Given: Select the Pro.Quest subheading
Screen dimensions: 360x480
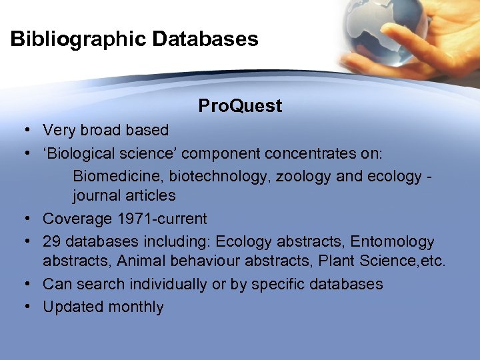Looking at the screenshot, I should click(x=240, y=106).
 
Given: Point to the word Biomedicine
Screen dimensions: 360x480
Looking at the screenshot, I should click(x=118, y=177).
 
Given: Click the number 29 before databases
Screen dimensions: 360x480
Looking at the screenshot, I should click(x=51, y=241).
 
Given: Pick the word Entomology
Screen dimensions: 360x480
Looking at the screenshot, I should click(x=392, y=241).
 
